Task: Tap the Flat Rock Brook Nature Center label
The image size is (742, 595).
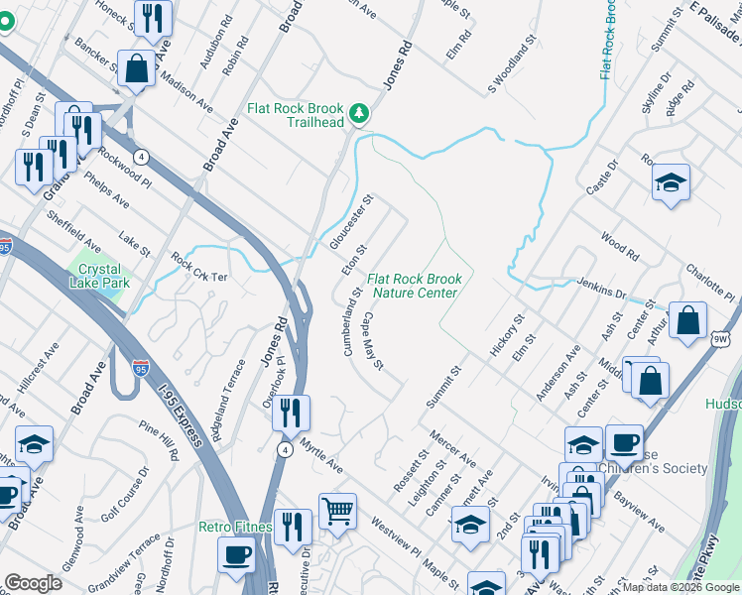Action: click(414, 287)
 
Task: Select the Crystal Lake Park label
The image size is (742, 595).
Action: click(99, 276)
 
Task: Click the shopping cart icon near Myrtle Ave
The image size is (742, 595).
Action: click(337, 512)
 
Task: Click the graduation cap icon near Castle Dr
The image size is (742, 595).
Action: click(672, 182)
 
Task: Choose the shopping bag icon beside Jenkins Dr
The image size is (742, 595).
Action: click(687, 320)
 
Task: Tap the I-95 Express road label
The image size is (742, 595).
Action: click(179, 407)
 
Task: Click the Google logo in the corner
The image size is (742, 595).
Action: click(33, 583)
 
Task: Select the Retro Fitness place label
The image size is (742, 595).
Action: click(235, 527)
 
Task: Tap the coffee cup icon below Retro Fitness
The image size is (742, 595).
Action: click(237, 556)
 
